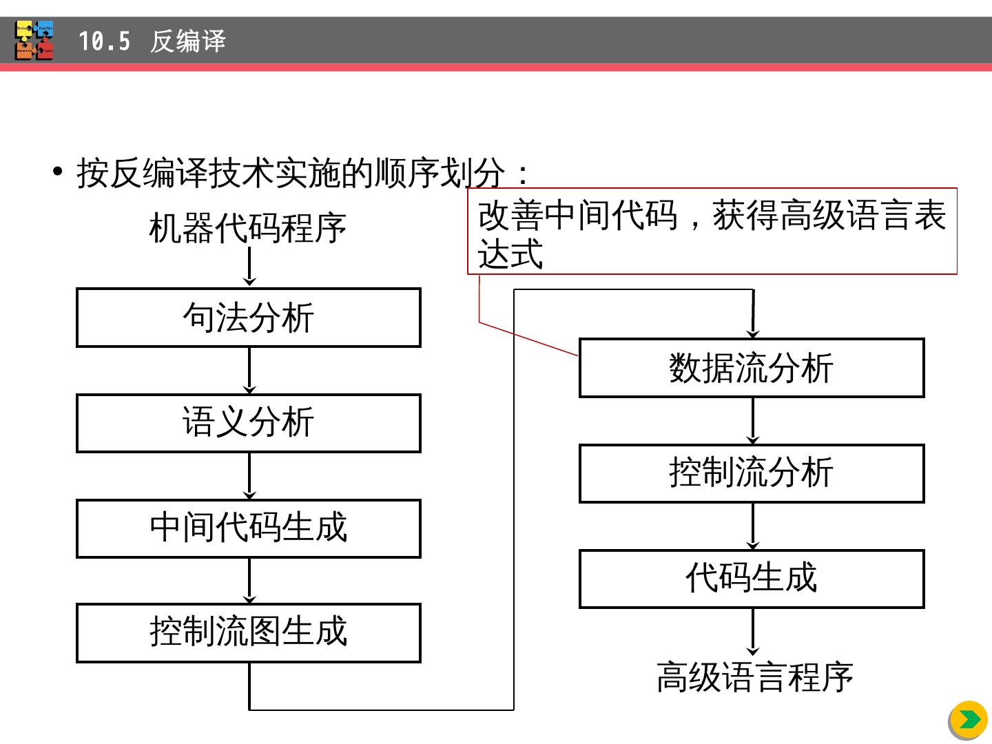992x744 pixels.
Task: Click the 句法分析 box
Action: [x=248, y=318]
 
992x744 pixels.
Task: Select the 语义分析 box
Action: [x=248, y=423]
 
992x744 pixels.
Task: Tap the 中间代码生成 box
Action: [x=248, y=528]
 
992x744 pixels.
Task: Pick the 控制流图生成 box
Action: [x=248, y=633]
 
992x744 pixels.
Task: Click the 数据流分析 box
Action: [x=751, y=368]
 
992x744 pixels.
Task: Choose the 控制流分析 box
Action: [x=751, y=473]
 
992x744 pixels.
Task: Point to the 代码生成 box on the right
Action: [x=751, y=579]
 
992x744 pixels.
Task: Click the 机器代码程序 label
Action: [x=247, y=229]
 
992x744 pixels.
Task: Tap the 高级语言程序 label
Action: [x=754, y=677]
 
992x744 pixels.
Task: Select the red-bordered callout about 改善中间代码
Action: [x=712, y=232]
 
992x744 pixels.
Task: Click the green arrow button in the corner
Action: [x=969, y=720]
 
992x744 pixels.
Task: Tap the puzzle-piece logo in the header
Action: [x=34, y=41]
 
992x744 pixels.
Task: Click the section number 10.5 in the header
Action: [x=104, y=41]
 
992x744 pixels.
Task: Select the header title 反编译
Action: [x=187, y=41]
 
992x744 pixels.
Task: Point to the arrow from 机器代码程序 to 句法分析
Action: [x=249, y=267]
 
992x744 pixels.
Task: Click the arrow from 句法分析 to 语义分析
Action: [x=249, y=371]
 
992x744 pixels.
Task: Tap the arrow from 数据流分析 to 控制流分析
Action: [x=752, y=421]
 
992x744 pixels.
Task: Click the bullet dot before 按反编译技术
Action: [x=58, y=171]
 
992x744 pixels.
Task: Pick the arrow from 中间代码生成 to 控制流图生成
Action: [x=249, y=581]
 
